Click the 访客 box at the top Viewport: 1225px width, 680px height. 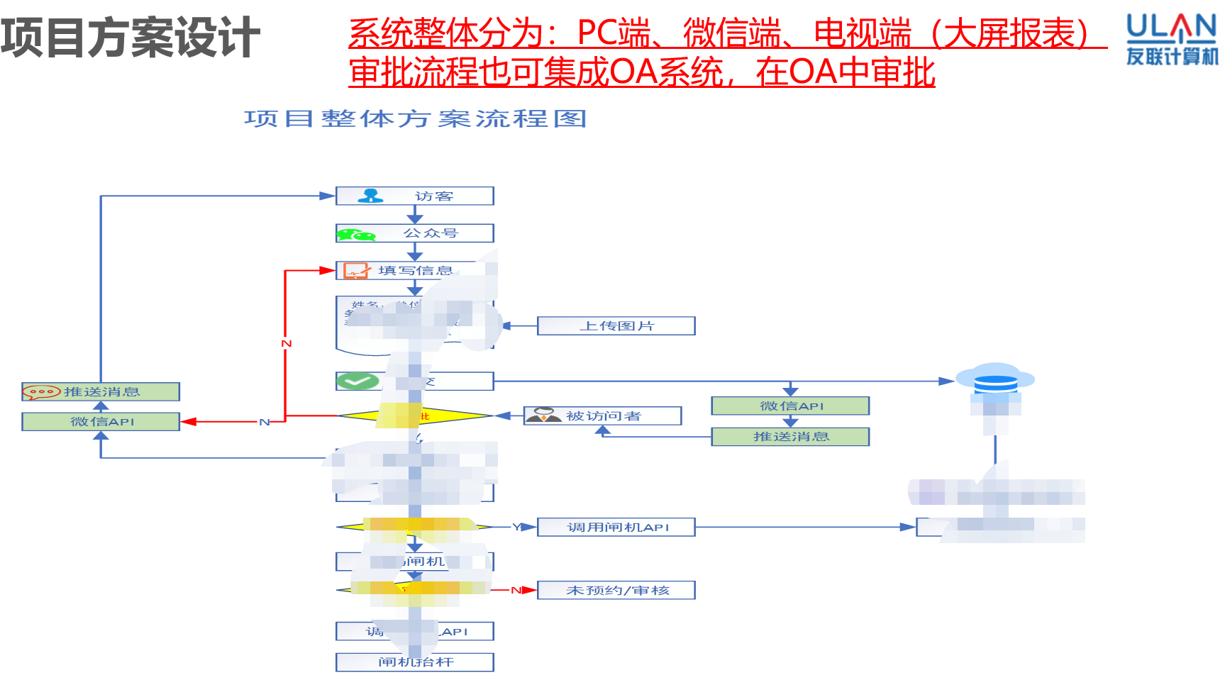click(x=414, y=196)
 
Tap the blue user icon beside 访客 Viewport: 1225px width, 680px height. click(x=370, y=196)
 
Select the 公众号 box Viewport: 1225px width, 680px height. click(x=414, y=233)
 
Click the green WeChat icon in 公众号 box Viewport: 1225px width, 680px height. click(x=355, y=235)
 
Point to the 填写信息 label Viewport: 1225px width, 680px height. click(x=415, y=271)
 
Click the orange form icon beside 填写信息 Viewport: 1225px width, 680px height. click(x=356, y=271)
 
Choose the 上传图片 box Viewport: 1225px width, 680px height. click(x=616, y=326)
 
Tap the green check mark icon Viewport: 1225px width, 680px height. click(x=357, y=381)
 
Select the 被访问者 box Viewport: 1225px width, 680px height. click(x=602, y=416)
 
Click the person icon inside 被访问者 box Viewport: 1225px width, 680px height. click(x=544, y=416)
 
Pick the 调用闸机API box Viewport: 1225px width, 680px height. click(x=616, y=528)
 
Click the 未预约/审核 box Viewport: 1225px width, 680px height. click(x=616, y=590)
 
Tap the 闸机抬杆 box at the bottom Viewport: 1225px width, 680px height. click(x=414, y=662)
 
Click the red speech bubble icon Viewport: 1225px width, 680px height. click(x=41, y=392)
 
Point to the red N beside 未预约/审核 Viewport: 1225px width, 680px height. click(x=516, y=590)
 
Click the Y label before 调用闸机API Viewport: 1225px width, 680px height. click(x=516, y=527)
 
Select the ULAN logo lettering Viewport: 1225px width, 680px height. click(x=1171, y=28)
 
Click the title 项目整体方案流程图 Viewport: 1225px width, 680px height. click(x=415, y=119)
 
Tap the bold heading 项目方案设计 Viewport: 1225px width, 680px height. click(x=131, y=38)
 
